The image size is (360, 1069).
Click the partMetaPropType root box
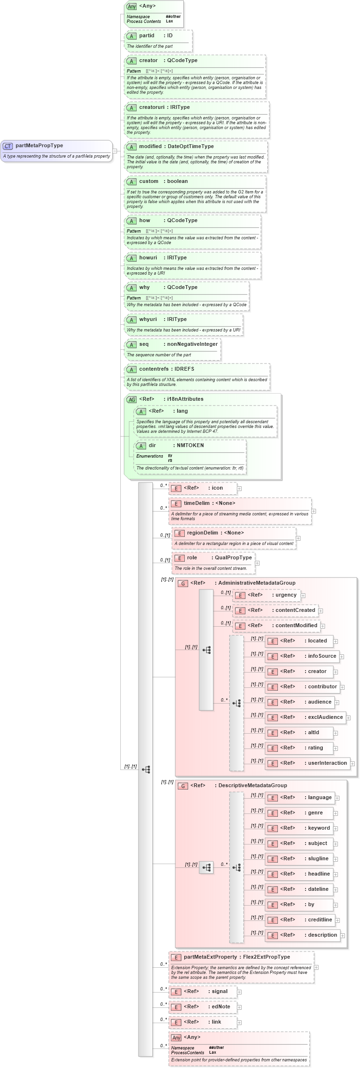click(56, 150)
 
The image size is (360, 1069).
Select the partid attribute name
click(147, 36)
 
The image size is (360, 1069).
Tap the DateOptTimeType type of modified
click(191, 147)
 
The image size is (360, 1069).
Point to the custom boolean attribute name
click(148, 182)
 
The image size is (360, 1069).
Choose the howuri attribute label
click(148, 258)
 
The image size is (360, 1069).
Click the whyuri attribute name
click(148, 320)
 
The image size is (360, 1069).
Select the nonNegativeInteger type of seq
click(192, 344)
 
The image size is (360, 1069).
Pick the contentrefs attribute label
click(154, 369)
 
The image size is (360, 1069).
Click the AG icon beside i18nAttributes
click(131, 400)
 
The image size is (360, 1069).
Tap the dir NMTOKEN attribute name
click(152, 446)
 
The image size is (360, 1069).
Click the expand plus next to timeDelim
click(314, 511)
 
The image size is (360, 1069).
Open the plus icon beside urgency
click(303, 596)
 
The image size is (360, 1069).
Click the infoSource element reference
click(322, 656)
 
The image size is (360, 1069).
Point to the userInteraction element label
click(327, 763)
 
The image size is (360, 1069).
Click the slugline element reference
click(318, 859)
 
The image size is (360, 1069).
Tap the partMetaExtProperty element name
click(210, 957)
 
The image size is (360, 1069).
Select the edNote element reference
click(221, 1007)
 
